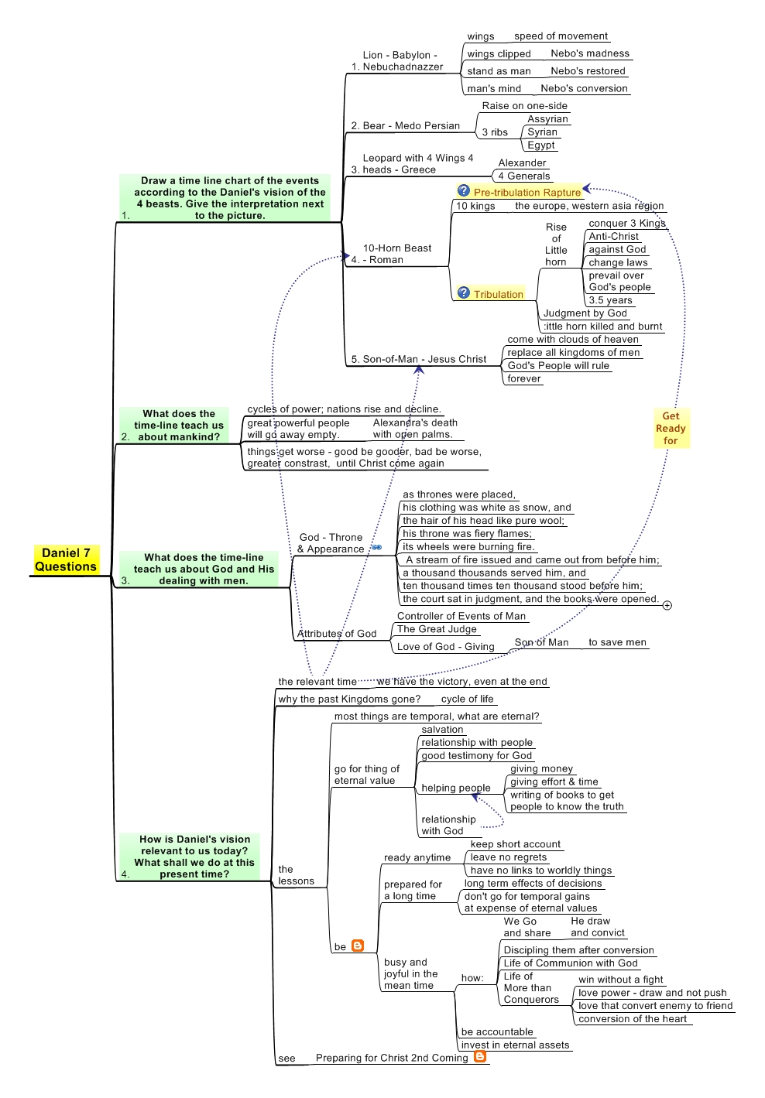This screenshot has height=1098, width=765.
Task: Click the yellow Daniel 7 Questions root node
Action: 66,559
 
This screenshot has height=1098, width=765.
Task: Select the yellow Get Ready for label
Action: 671,428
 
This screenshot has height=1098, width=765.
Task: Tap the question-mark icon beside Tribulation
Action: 463,293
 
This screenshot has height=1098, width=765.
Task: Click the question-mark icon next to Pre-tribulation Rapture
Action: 463,190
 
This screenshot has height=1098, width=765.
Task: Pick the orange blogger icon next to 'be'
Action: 358,945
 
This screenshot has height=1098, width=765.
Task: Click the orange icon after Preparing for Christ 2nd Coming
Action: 480,1056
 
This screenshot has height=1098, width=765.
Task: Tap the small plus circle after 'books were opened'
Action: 667,605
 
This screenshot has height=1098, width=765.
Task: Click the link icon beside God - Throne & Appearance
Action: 376,547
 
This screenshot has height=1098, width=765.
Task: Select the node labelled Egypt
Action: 541,145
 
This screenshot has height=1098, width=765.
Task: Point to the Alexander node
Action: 522,162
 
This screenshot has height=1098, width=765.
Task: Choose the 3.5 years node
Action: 610,300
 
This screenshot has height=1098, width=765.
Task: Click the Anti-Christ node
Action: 613,236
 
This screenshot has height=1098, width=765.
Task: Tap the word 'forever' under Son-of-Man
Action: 523,378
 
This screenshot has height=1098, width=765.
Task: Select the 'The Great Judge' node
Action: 437,629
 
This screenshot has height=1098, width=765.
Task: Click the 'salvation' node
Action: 442,730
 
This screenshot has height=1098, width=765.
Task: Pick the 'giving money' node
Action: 541,768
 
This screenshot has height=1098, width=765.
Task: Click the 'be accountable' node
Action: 497,1031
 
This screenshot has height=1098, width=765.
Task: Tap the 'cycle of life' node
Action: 467,699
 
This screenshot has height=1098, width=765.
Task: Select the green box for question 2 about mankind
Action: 174,425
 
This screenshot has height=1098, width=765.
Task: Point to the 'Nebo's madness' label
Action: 589,53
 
